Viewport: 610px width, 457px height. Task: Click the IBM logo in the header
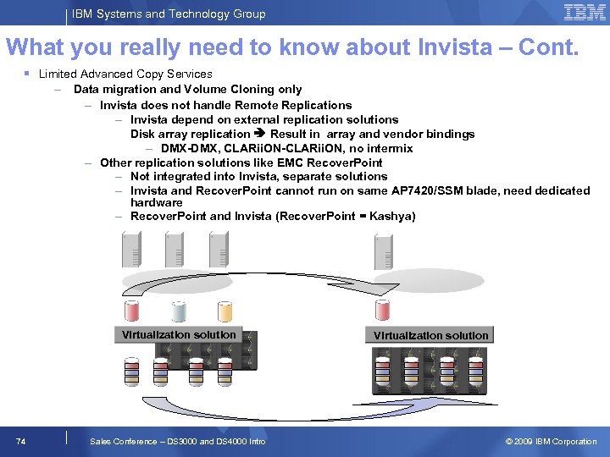(584, 13)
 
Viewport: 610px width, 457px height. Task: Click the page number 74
(21, 441)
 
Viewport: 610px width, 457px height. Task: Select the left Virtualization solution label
(179, 334)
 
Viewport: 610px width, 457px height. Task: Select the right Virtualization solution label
(430, 335)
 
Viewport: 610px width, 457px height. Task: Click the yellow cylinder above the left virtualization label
(225, 311)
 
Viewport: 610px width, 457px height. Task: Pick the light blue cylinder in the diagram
(179, 311)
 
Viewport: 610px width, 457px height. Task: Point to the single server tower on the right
(383, 251)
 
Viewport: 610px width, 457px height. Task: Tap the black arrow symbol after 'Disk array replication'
(260, 134)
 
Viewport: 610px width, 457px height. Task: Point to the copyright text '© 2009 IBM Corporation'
(551, 441)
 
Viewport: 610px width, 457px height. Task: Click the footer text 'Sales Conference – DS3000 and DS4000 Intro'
(178, 441)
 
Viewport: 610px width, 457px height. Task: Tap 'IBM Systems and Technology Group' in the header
(169, 14)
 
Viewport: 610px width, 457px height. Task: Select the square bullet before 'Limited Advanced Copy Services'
(30, 74)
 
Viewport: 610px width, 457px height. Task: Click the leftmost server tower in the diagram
(131, 249)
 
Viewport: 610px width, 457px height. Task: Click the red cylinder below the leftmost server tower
(132, 311)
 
